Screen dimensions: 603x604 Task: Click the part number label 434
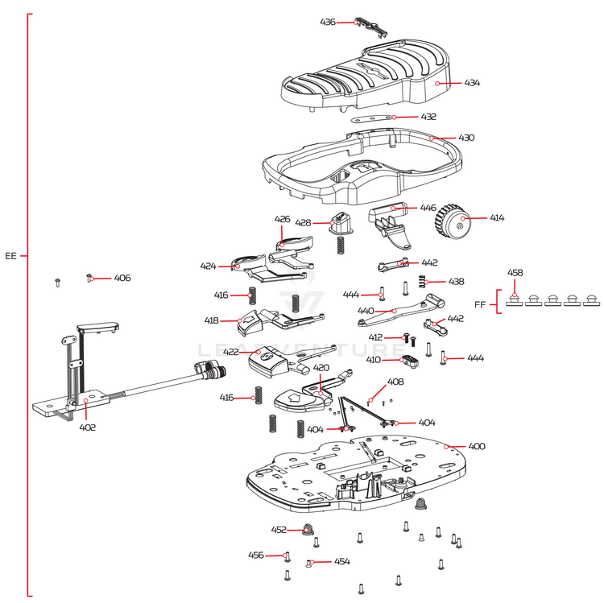472,83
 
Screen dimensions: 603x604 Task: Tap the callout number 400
477,446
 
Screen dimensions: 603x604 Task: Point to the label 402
87,427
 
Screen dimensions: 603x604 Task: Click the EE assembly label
10,256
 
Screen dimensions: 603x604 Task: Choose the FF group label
480,304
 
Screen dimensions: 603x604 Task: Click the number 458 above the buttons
515,273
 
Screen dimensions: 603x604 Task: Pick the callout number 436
328,22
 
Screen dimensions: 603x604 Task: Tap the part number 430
466,138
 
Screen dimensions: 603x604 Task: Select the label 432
428,117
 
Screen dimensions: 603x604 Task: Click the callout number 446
428,208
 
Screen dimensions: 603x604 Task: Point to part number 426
282,219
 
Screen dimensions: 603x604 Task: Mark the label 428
303,222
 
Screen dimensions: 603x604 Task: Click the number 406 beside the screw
122,278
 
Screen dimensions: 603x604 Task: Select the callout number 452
279,530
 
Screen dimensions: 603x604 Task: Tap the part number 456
255,555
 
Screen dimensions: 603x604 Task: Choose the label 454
342,561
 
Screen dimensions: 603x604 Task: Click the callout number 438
456,282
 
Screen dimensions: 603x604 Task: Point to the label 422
230,352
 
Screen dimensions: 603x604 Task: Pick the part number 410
374,360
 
